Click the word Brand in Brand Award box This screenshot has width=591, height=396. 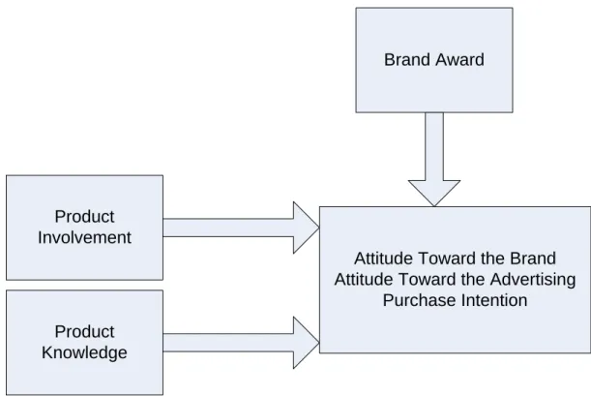[406, 60]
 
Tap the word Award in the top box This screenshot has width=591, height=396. [459, 60]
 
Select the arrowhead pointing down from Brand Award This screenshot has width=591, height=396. [434, 193]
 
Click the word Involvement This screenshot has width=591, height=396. [84, 238]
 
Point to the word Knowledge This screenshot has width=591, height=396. [84, 353]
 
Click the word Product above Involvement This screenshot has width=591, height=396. [84, 217]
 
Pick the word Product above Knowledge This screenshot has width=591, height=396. [84, 332]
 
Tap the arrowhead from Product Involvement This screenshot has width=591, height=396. [306, 228]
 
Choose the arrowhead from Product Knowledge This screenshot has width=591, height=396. [306, 343]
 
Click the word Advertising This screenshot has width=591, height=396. [533, 280]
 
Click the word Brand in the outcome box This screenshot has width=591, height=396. [533, 259]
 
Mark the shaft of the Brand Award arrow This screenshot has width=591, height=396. [434, 146]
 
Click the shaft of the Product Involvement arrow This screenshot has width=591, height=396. [228, 228]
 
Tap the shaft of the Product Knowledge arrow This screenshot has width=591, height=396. [228, 343]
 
